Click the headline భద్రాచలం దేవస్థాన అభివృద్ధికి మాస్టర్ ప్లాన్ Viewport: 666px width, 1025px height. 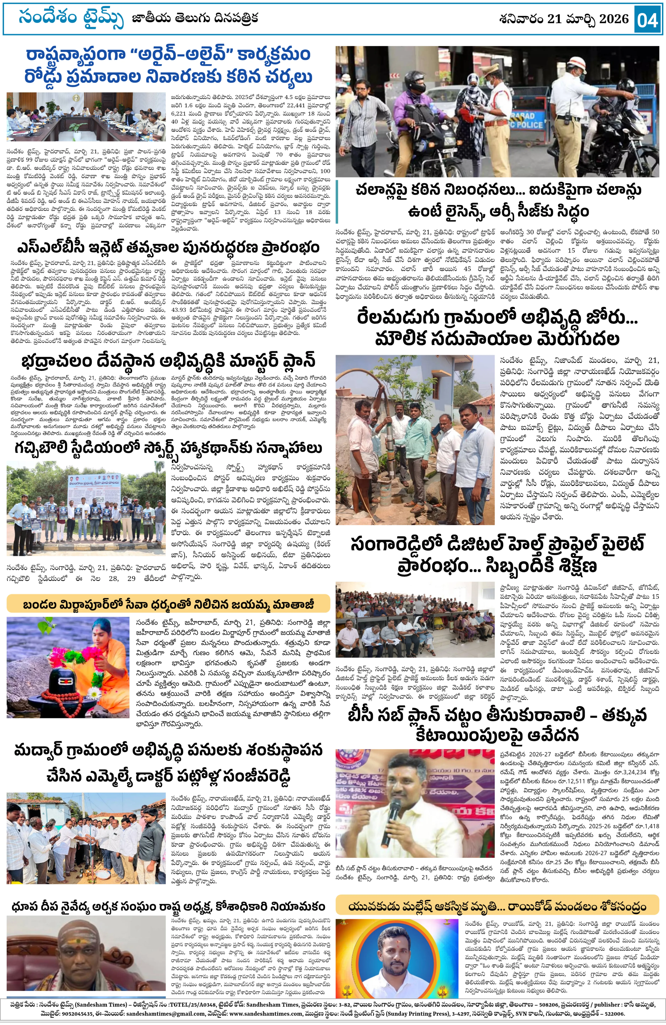tap(168, 361)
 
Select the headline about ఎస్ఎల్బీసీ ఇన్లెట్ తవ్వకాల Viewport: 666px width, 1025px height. tap(168, 248)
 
